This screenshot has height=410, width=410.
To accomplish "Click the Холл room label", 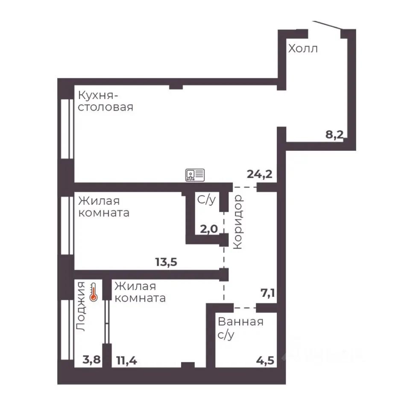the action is [303, 49].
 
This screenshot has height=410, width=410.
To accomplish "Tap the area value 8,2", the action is [334, 135].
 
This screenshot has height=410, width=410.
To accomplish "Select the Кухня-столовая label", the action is [105, 101].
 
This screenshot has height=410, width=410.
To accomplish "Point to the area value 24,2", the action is [260, 174].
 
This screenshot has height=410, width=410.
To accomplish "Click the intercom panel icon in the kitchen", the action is [195, 175].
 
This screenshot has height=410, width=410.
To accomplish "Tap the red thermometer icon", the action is [94, 292].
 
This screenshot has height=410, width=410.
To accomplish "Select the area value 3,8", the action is [91, 360].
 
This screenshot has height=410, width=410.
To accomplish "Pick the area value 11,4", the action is [126, 361].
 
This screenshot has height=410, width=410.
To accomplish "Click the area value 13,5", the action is [166, 262].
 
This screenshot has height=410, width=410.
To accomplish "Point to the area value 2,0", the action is [209, 229].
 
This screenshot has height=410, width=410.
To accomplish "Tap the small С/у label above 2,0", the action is [207, 200].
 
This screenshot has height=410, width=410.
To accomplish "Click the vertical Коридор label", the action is [238, 222].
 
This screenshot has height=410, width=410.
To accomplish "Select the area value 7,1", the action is [268, 293].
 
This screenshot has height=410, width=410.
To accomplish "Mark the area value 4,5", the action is [265, 360].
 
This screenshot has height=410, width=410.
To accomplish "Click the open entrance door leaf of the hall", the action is [328, 25].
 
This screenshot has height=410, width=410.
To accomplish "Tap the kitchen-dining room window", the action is [67, 129].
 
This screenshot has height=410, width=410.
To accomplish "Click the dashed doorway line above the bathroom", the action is [245, 308].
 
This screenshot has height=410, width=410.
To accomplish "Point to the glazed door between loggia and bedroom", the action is [106, 322].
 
